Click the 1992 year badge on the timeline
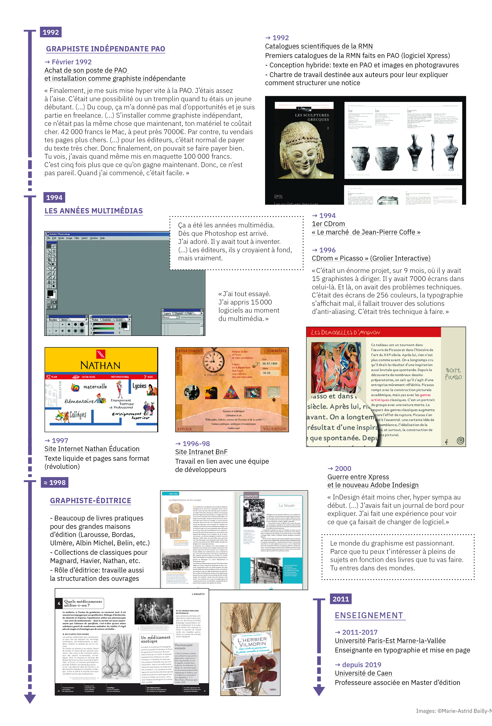[51, 32]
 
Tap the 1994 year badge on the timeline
[54, 197]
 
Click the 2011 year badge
[341, 599]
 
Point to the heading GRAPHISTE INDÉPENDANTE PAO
[105, 49]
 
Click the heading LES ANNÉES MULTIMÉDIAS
[94, 211]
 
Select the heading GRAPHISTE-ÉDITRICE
[91, 501]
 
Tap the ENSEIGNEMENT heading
[369, 615]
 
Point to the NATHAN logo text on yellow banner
[100, 365]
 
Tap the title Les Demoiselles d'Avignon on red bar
[345, 332]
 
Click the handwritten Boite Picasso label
[453, 374]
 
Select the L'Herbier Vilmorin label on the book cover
[252, 643]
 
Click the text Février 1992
[71, 62]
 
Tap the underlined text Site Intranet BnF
[201, 452]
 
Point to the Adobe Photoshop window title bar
[106, 234]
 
